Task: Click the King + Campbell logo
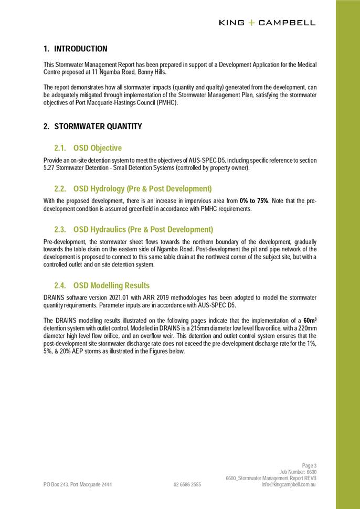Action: (267, 23)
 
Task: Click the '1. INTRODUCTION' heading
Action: (75, 49)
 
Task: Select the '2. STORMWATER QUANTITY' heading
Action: (92, 126)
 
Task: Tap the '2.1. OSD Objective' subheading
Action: (88, 148)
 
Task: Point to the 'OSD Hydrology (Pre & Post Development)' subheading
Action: (142, 188)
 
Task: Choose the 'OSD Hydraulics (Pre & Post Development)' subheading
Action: (143, 229)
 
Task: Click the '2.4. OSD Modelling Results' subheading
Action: (102, 285)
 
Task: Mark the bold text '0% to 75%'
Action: (254, 201)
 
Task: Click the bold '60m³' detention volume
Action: (310, 320)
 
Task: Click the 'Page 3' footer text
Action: (309, 465)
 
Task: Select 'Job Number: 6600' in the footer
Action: (298, 472)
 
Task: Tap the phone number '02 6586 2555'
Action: (187, 485)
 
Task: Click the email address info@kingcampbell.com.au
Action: (289, 485)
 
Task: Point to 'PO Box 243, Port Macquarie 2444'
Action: (78, 485)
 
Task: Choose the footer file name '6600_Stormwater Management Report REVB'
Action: (271, 479)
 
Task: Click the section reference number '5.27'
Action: (49, 168)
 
